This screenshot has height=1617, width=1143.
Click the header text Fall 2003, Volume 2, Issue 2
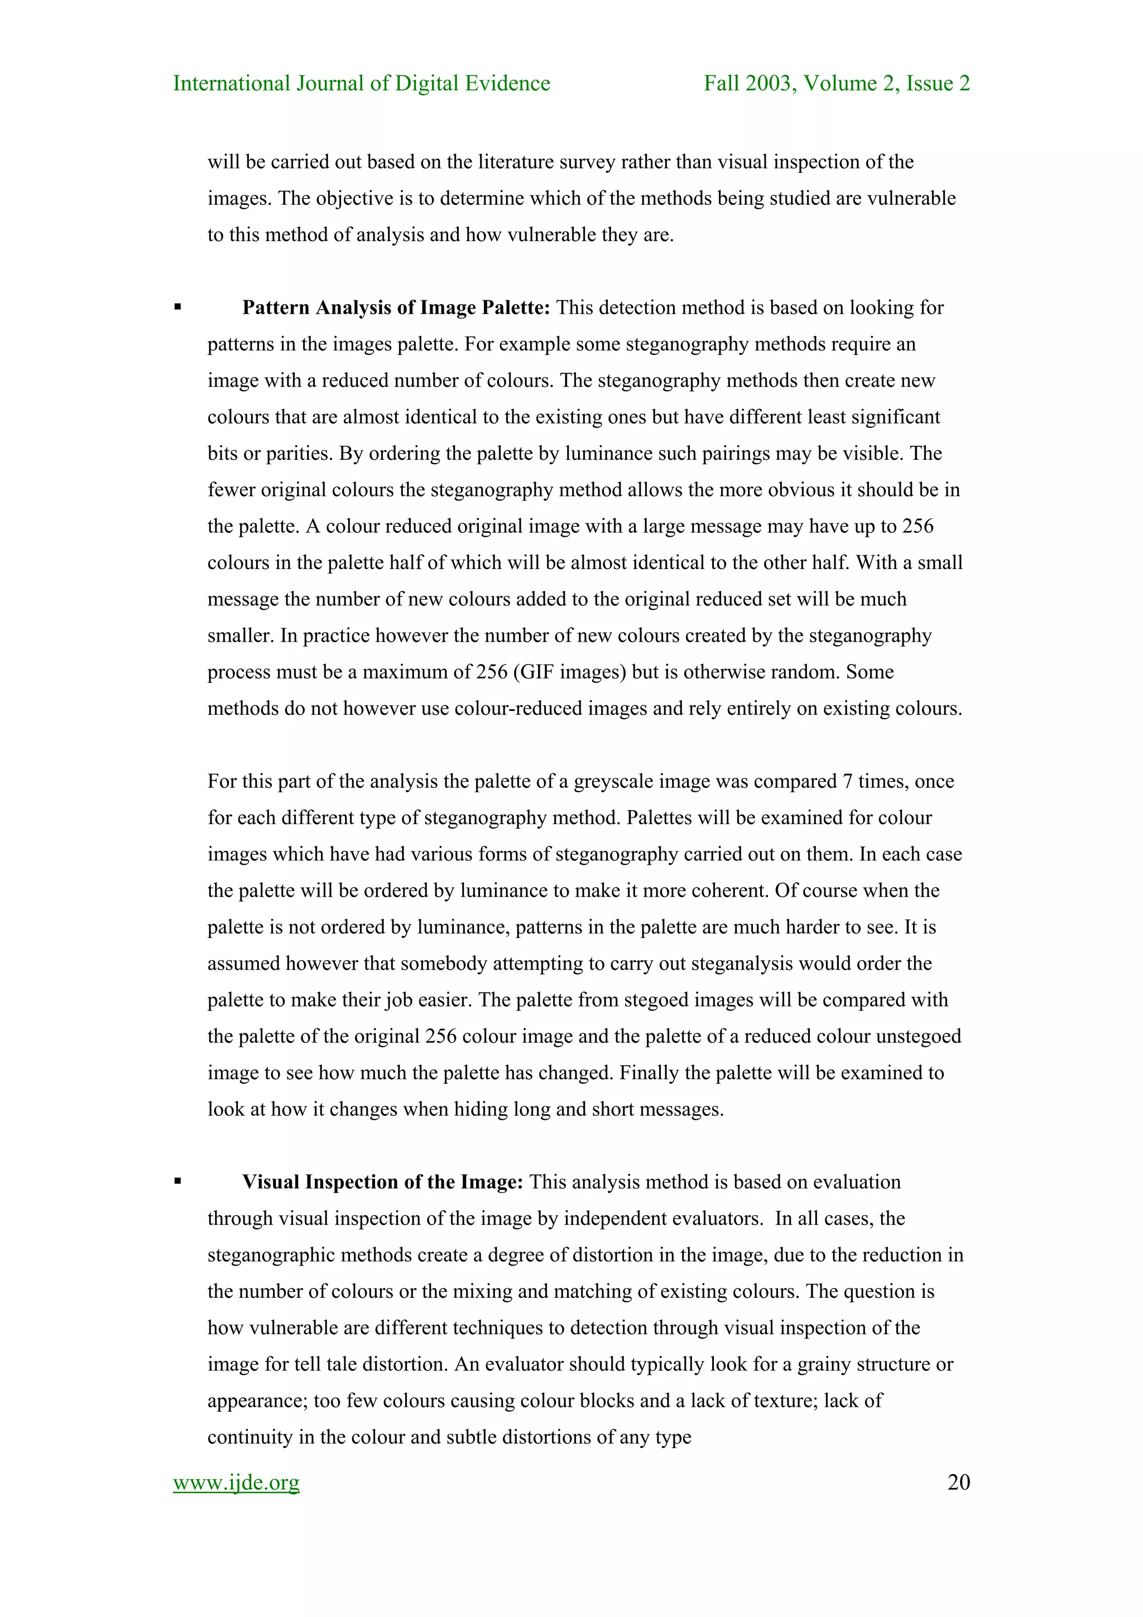click(837, 83)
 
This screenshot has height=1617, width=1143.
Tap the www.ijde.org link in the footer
click(236, 1482)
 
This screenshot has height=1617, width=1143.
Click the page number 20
click(958, 1482)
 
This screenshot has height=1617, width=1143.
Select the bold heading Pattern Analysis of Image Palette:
click(396, 308)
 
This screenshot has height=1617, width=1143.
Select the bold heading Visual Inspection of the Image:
click(382, 1182)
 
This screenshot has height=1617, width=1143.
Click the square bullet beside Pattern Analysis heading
click(178, 307)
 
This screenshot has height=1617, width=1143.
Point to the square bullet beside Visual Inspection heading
click(178, 1182)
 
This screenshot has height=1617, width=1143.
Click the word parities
click(299, 454)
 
